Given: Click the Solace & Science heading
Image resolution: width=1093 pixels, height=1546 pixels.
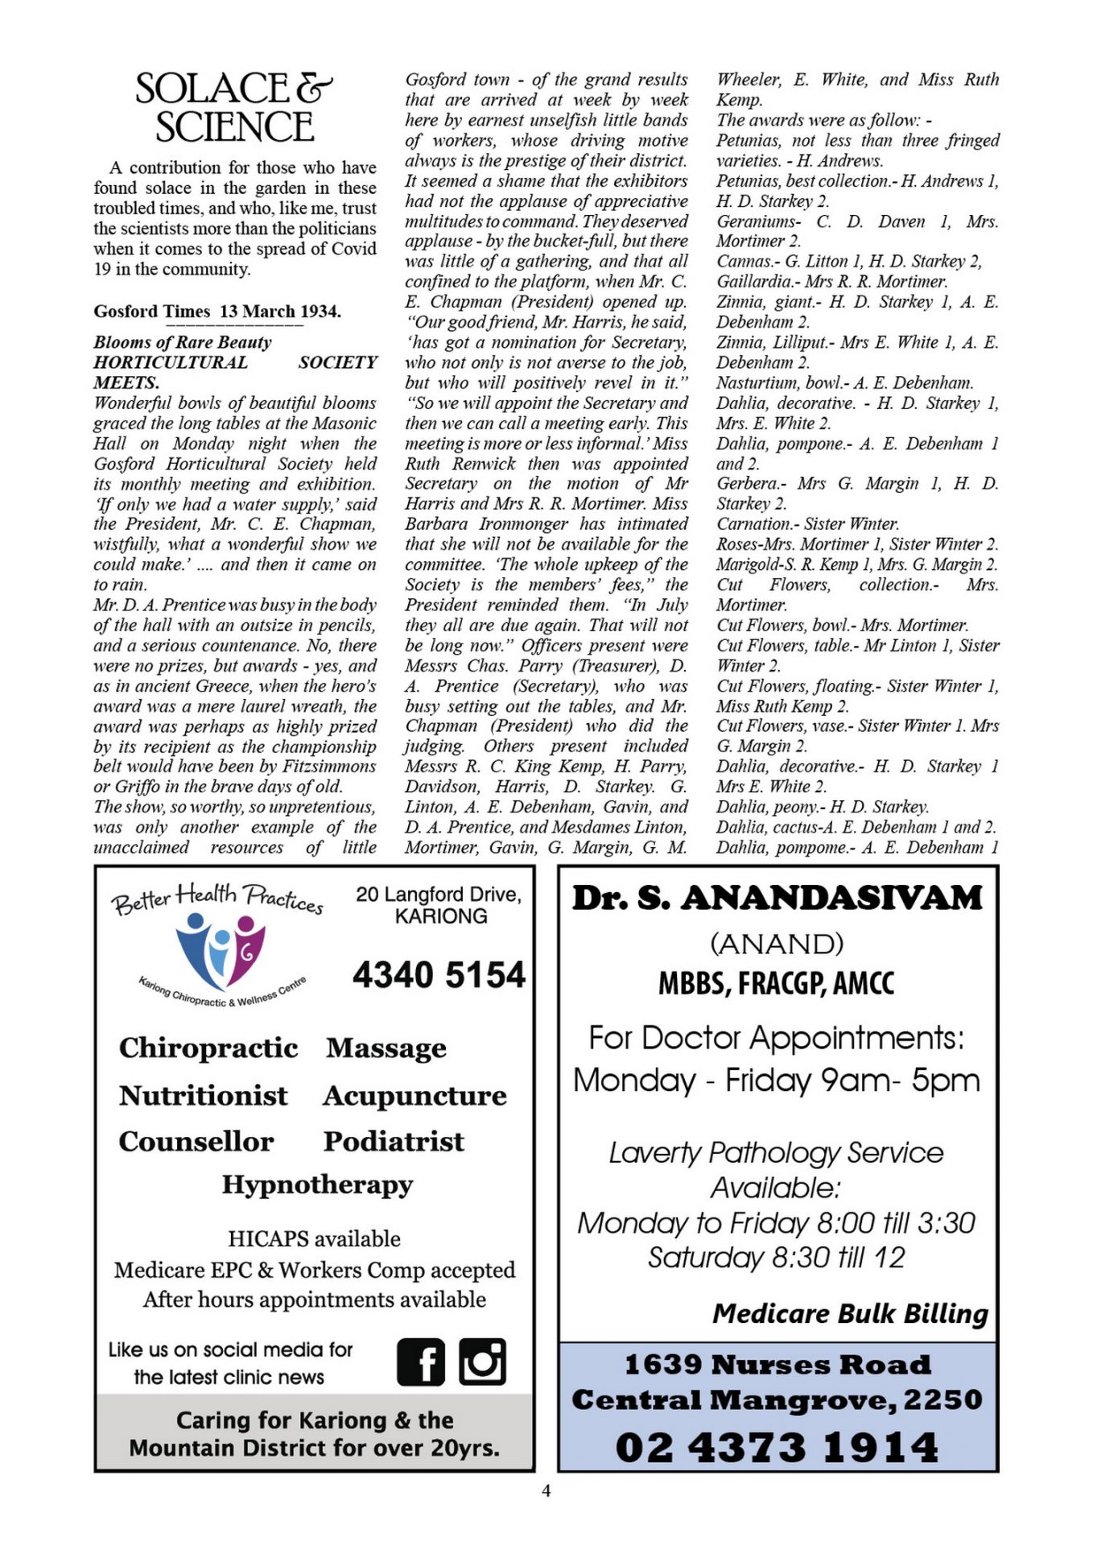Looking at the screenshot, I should click(233, 108).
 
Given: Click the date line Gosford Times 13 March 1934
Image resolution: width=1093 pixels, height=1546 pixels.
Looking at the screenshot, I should click(217, 312).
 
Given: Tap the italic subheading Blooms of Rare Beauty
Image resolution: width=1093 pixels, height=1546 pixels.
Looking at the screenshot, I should click(183, 342).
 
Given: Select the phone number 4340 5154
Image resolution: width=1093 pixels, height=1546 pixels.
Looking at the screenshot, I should click(439, 974).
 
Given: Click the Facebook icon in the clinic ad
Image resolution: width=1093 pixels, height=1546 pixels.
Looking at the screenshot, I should click(420, 1362).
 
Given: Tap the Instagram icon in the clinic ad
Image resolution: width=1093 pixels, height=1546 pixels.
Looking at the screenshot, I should click(482, 1362).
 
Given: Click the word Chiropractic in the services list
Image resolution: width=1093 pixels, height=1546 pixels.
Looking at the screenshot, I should click(208, 1048).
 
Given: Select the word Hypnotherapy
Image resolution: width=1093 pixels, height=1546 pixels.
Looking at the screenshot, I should click(317, 1184).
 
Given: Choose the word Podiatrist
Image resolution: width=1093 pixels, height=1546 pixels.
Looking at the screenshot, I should click(394, 1141).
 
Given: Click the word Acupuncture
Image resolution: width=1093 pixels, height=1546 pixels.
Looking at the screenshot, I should click(415, 1096).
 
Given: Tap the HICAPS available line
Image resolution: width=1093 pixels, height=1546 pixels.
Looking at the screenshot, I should click(314, 1238).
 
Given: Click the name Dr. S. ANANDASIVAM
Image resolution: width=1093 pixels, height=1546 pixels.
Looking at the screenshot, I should click(777, 898).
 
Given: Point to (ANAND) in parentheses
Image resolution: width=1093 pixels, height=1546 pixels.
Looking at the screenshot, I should click(777, 944).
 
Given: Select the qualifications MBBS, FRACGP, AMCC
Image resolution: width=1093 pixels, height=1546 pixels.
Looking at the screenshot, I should click(777, 983).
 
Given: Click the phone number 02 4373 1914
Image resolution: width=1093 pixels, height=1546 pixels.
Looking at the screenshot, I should click(777, 1447).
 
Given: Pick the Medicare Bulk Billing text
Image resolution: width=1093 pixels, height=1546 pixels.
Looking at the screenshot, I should click(850, 1313).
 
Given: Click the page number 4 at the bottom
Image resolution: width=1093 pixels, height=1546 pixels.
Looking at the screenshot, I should click(546, 1491).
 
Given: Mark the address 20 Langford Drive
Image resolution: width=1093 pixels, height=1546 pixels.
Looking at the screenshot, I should click(439, 895).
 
